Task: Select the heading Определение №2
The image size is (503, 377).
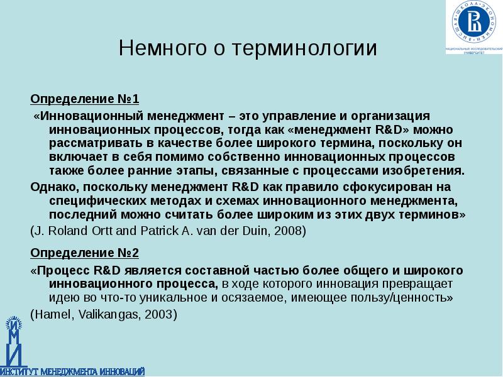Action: pyautogui.click(x=84, y=253)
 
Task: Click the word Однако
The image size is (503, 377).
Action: pyautogui.click(x=53, y=187)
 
